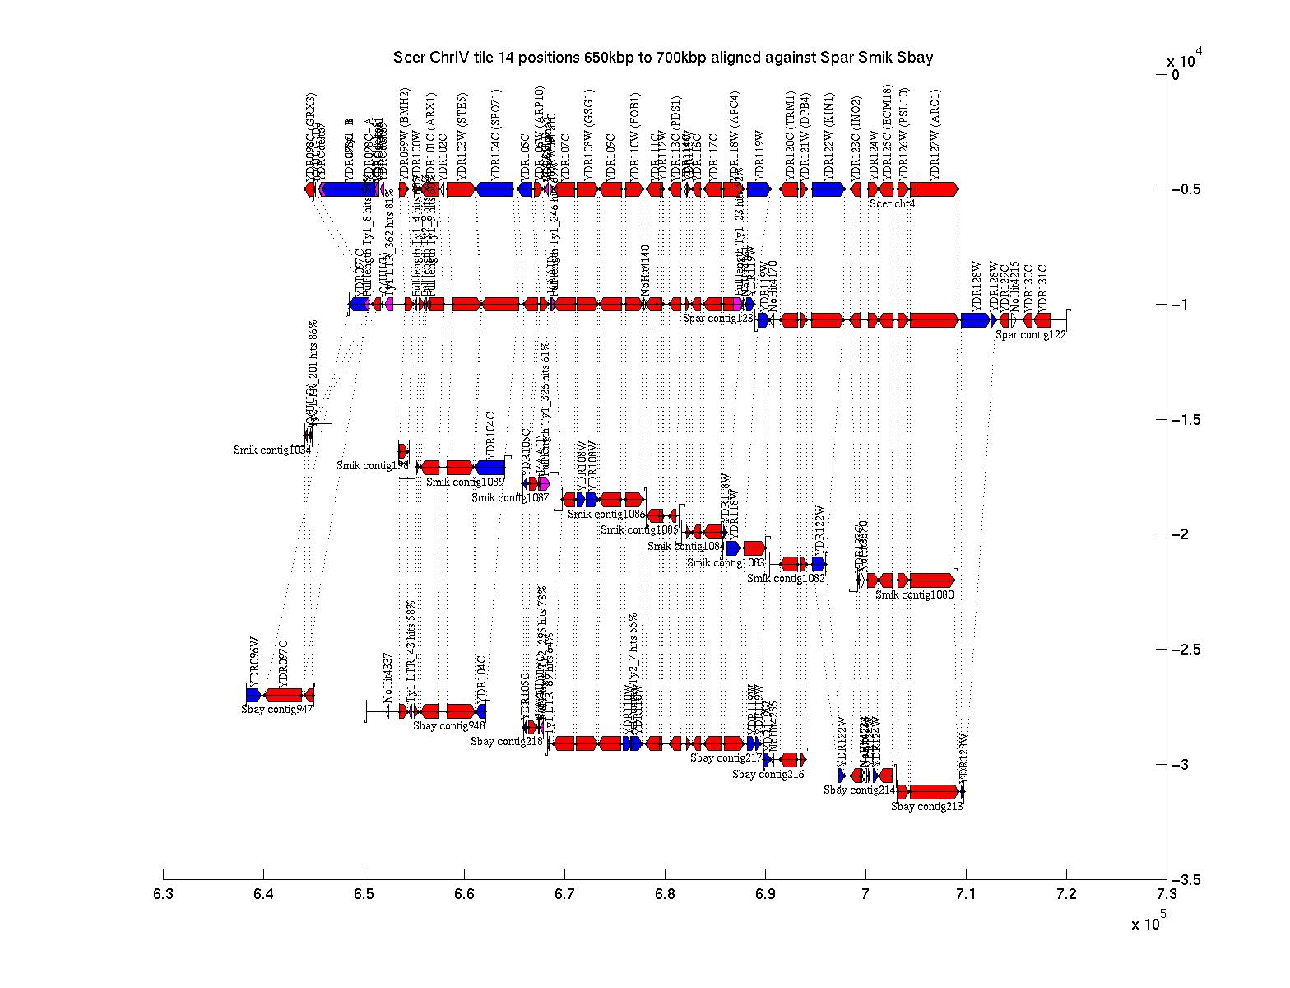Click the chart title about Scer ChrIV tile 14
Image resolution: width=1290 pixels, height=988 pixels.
(663, 58)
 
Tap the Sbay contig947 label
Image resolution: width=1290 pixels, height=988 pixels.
(277, 709)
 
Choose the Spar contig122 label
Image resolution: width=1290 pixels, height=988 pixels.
(1031, 334)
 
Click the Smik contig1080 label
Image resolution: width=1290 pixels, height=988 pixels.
(914, 594)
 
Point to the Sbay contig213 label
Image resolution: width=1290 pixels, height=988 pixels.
(927, 807)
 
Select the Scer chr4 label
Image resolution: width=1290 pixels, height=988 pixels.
(893, 203)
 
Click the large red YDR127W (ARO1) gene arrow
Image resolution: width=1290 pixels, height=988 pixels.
(935, 189)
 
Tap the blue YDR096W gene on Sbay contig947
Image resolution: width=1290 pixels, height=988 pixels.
(253, 695)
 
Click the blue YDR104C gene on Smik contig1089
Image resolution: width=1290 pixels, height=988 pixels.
(491, 468)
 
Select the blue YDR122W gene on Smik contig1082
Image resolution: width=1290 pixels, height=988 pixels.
(819, 564)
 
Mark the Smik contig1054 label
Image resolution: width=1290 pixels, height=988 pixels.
(272, 450)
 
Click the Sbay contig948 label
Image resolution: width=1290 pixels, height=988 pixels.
(449, 725)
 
